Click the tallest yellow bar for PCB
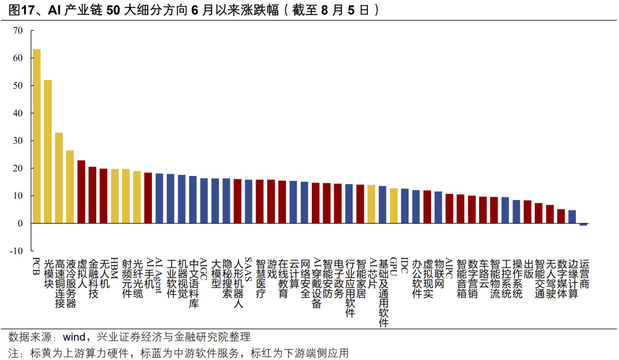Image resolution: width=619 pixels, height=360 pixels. (x=37, y=136)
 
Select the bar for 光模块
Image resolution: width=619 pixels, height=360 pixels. (x=48, y=151)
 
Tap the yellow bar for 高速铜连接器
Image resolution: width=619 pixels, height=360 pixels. (x=59, y=178)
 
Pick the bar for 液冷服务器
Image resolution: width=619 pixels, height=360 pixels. (x=70, y=187)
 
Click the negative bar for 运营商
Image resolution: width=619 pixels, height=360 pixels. (x=583, y=224)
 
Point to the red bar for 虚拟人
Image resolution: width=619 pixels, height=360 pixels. (x=81, y=191)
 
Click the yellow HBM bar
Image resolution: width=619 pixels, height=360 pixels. (x=115, y=196)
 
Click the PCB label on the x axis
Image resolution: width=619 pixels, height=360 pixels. (x=36, y=268)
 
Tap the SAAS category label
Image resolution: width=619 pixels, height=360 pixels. (x=249, y=269)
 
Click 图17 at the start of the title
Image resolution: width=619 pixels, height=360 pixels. (x=21, y=10)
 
